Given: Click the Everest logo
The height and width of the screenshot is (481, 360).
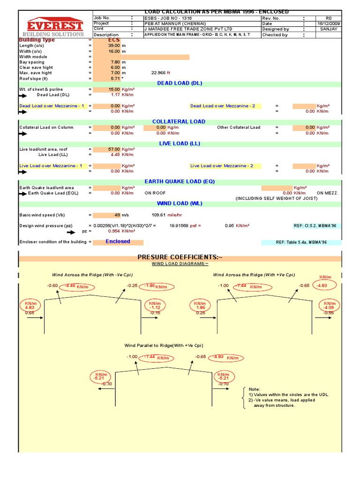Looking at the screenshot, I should (55, 26).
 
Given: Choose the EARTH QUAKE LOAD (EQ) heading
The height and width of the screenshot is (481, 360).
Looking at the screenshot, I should (180, 181).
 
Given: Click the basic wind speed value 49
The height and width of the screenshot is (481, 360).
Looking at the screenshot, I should (117, 215).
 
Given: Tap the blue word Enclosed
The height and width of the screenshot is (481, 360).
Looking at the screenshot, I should (118, 241).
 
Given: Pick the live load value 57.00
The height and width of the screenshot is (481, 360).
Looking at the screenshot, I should (114, 149).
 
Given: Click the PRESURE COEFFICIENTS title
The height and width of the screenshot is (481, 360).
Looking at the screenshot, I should (180, 257).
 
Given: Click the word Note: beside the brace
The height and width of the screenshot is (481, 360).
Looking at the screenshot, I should (254, 389).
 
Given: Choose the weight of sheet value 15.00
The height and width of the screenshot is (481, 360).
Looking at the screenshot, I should (114, 89).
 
